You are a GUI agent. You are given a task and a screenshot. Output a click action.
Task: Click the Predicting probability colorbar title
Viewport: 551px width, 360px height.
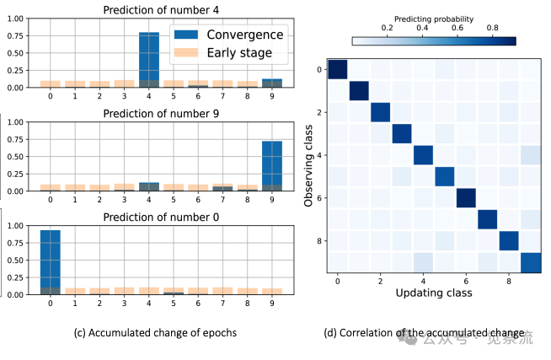coord(433,17)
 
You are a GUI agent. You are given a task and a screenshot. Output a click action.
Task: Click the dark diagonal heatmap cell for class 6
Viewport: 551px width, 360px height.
coord(465,197)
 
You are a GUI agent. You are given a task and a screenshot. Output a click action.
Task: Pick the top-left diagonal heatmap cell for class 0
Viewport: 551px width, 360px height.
coord(337,70)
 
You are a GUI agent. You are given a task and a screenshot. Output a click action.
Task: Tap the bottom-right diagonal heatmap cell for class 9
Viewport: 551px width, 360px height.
coord(529,262)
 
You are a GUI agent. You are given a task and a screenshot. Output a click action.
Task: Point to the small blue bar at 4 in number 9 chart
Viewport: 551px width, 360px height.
coord(148,186)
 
